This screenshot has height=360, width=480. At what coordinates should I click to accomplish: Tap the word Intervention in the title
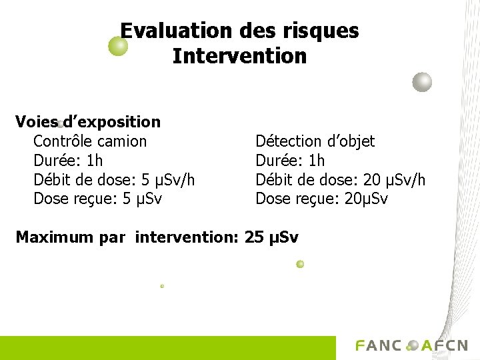[239, 56]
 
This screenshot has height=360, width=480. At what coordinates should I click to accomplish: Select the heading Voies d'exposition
[88, 122]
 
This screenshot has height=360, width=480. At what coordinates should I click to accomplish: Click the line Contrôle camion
[90, 141]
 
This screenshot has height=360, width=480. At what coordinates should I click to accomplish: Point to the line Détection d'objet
[315, 141]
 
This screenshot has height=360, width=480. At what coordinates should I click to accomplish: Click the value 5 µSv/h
[169, 180]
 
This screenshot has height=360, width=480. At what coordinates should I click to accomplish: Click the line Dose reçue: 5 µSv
[97, 199]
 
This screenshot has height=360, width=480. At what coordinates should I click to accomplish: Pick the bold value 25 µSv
[272, 237]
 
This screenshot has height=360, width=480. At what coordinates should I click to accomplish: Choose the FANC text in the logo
[379, 345]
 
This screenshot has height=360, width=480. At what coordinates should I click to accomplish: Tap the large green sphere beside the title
[118, 46]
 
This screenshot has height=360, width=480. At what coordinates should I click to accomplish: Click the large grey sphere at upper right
[422, 82]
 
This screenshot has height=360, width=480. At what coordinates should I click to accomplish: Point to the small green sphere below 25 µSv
[300, 264]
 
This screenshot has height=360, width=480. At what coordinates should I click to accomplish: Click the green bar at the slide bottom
[167, 348]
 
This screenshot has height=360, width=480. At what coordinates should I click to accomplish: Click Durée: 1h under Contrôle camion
[68, 161]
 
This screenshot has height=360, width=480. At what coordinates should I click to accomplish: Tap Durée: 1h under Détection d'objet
[290, 161]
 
